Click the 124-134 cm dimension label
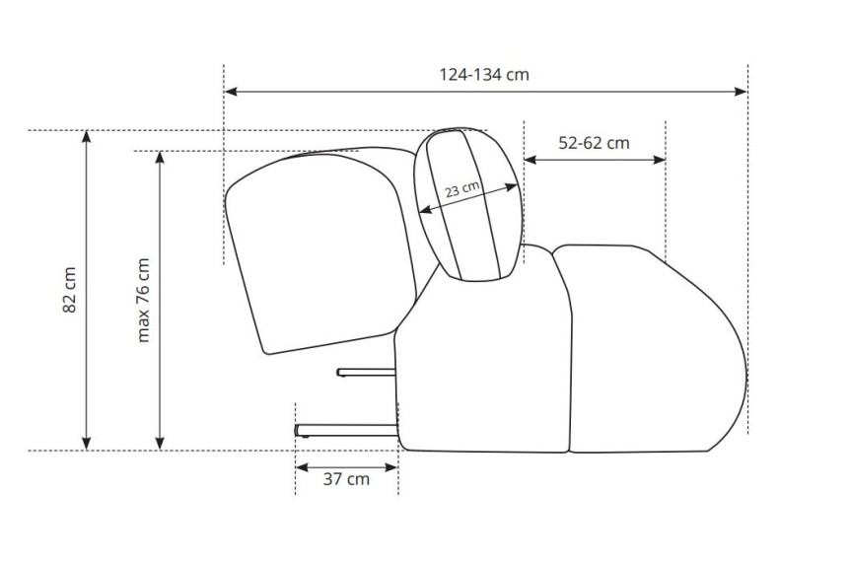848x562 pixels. click(484, 74)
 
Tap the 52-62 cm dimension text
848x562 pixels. click(594, 143)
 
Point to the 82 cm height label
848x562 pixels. click(70, 290)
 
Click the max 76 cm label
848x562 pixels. click(143, 300)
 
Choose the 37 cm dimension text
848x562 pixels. click(346, 479)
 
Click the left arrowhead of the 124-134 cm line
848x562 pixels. click(231, 92)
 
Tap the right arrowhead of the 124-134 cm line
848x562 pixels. click(741, 92)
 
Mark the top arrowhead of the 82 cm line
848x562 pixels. click(86, 137)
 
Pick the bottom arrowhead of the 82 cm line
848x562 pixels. click(86, 443)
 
